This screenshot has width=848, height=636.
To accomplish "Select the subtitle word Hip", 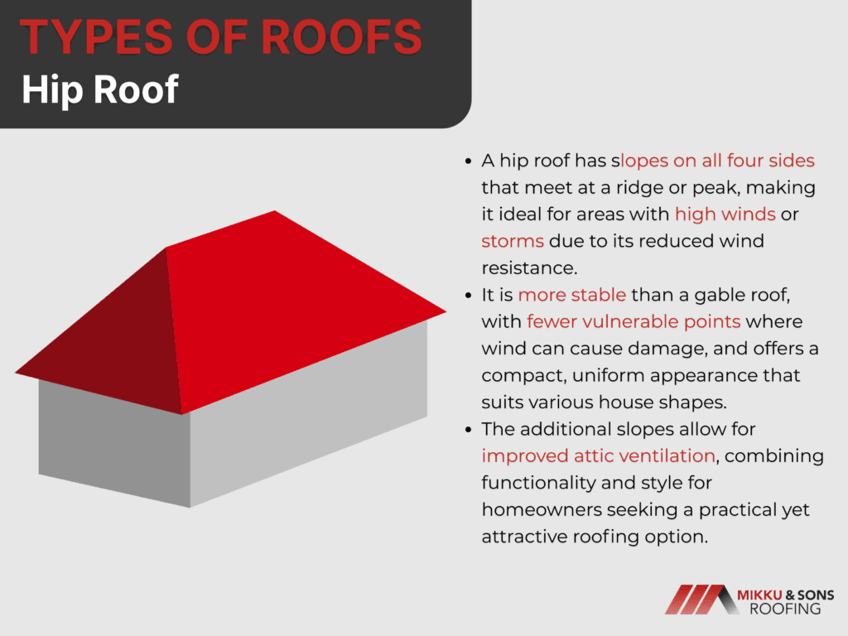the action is (52, 89).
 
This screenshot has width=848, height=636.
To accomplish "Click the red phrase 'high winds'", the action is (725, 214).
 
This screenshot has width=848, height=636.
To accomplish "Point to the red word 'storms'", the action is (512, 241).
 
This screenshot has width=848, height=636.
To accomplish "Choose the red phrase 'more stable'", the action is (571, 295).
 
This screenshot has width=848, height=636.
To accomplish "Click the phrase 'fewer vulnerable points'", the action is (634, 322).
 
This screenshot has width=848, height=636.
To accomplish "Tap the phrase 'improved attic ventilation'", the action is (598, 456).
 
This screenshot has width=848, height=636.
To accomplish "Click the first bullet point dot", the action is (469, 161).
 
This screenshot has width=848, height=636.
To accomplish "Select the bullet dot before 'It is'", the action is (469, 296).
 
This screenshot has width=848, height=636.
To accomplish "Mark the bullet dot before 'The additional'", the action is (469, 430).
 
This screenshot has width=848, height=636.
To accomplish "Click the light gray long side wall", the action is (308, 417).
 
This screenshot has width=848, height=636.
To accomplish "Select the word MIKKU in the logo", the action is (759, 595).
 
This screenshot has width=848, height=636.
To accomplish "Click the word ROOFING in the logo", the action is (785, 609).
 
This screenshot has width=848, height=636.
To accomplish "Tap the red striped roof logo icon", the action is (701, 600).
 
